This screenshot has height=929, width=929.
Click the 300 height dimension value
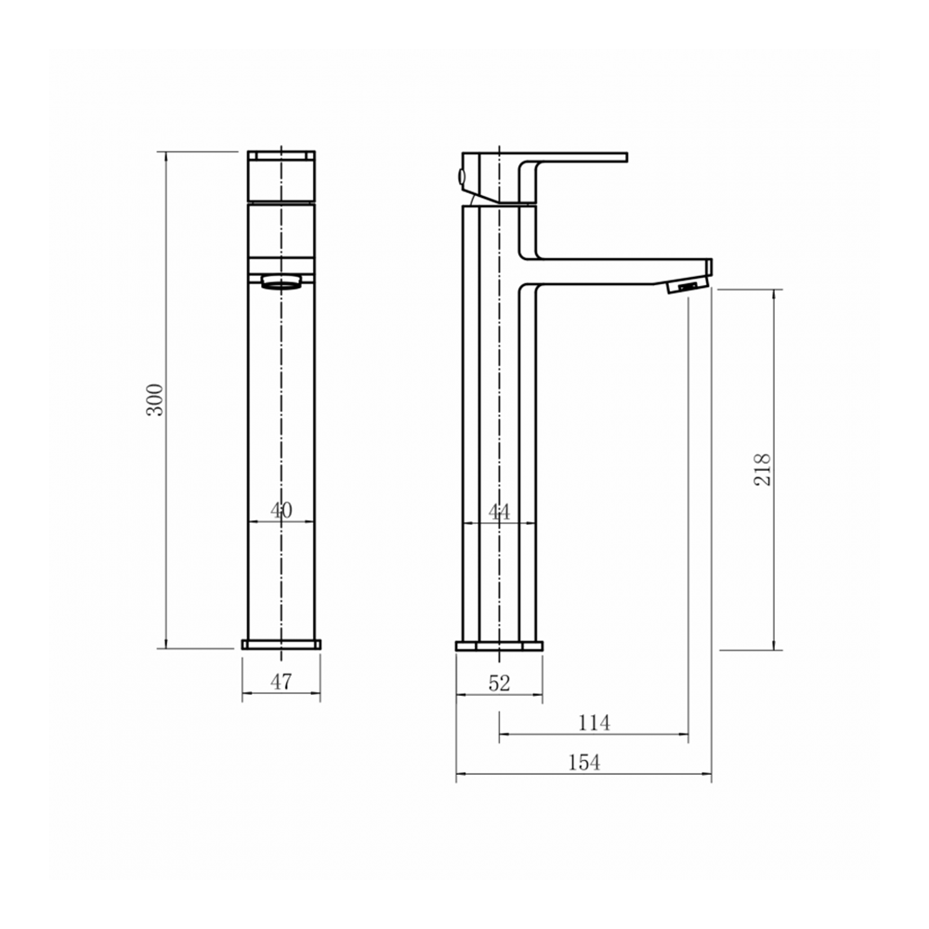tap(155, 399)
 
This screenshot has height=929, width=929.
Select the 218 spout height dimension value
tap(763, 470)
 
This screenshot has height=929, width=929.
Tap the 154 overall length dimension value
tap(584, 763)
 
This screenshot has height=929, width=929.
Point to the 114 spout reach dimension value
tap(594, 723)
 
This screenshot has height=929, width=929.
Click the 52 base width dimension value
tap(499, 683)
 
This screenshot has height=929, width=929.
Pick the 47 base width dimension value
tap(281, 682)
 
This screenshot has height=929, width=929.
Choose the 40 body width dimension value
tap(281, 510)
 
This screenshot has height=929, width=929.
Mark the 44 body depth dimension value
tap(499, 511)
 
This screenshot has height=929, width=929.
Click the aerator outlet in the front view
tap(282, 281)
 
